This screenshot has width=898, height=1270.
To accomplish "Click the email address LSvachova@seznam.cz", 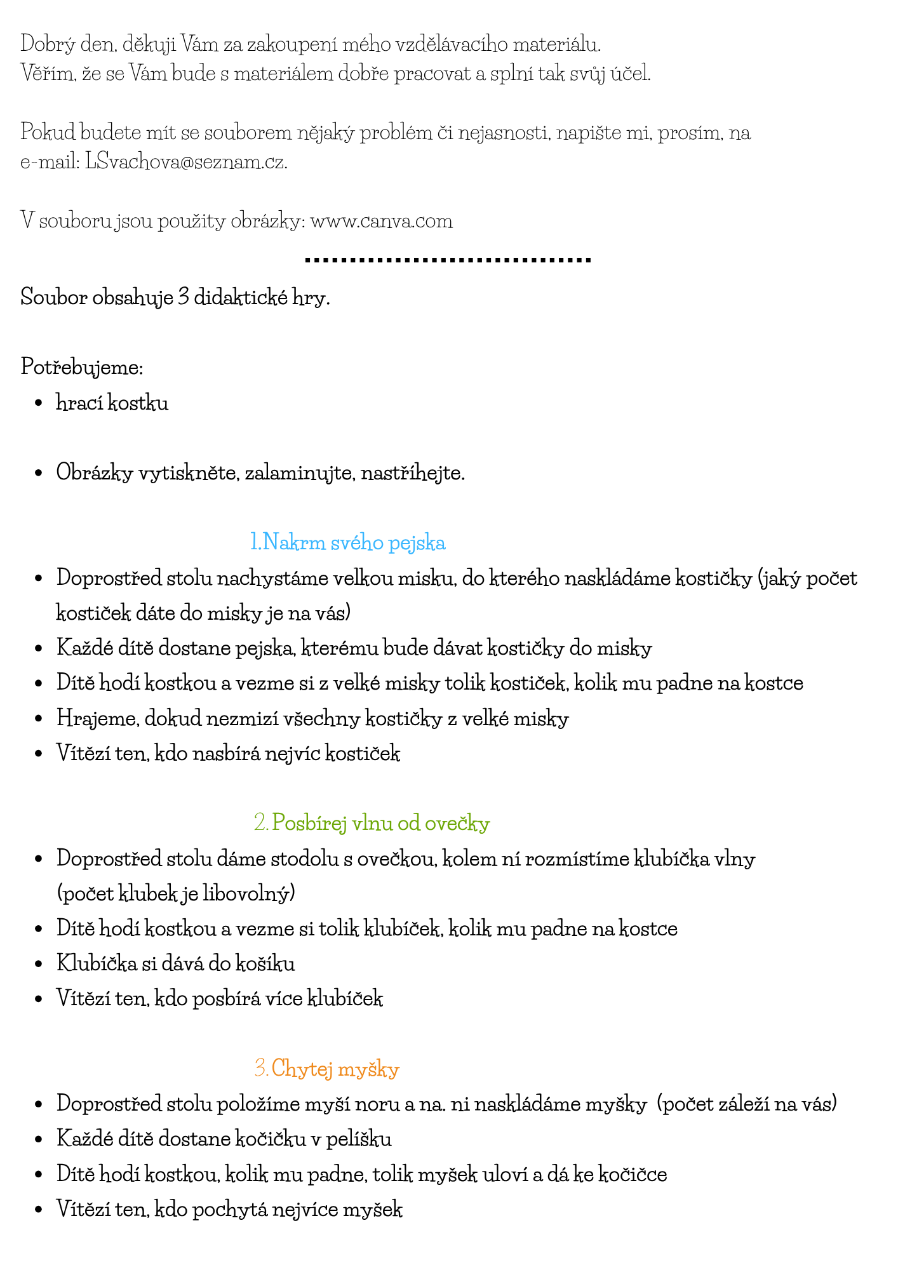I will pos(186,162).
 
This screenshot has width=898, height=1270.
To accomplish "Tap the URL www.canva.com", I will pos(381,221).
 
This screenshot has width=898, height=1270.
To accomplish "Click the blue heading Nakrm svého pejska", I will pos(348,542).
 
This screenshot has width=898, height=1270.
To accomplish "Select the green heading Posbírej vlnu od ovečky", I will pos(372,823).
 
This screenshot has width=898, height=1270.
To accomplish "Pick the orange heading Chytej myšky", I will pos(327,1069).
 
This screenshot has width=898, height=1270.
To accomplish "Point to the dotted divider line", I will pos(448,260).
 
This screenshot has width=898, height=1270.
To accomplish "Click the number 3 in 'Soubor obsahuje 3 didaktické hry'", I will pos(183,297).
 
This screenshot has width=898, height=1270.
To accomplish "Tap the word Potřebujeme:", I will pos(82,367).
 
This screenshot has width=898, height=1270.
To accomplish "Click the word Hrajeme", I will pos(97,719).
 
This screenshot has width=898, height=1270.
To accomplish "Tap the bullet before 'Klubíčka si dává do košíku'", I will pos(39,964).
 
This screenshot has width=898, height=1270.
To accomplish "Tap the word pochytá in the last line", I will pos(229,1209).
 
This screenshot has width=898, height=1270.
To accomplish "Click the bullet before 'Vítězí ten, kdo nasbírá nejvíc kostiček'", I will pos(39,754).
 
